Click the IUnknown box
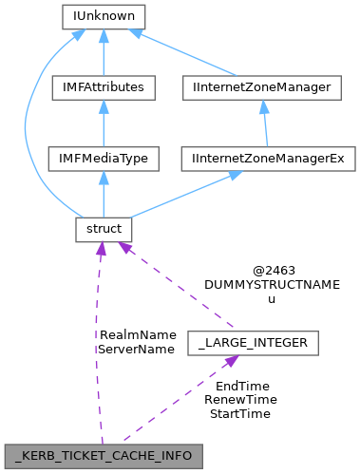(x=102, y=16)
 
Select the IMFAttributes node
(x=102, y=87)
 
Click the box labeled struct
(x=102, y=229)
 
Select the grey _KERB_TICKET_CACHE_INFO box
(x=104, y=455)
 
